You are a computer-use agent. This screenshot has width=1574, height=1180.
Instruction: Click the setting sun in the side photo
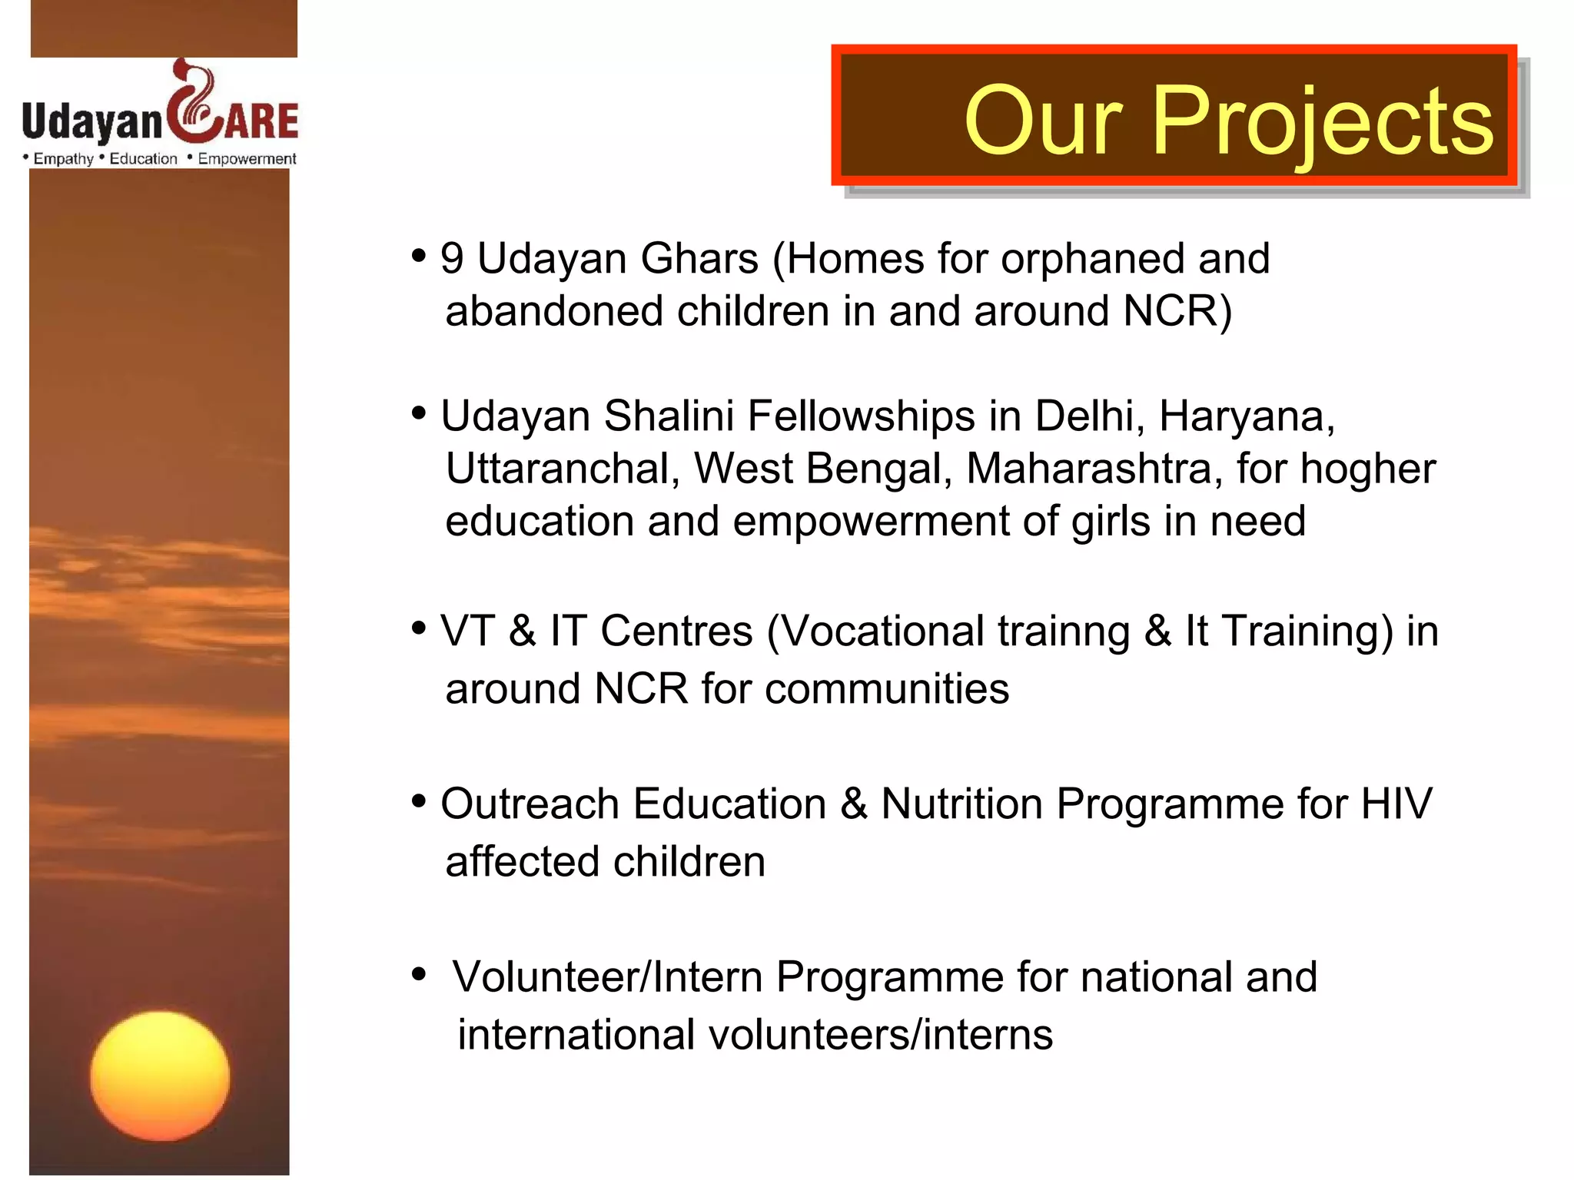tap(160, 1076)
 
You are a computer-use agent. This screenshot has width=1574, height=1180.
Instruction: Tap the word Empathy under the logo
tap(63, 159)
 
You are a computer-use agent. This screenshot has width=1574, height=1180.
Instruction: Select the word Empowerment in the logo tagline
tap(247, 159)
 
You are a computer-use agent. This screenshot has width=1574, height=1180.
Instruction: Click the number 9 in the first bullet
tap(452, 258)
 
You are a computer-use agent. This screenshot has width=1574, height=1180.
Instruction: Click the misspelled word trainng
tap(1064, 631)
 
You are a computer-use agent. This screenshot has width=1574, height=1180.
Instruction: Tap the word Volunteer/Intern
tap(606, 977)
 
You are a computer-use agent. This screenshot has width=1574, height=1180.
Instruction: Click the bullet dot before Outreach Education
tap(419, 802)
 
